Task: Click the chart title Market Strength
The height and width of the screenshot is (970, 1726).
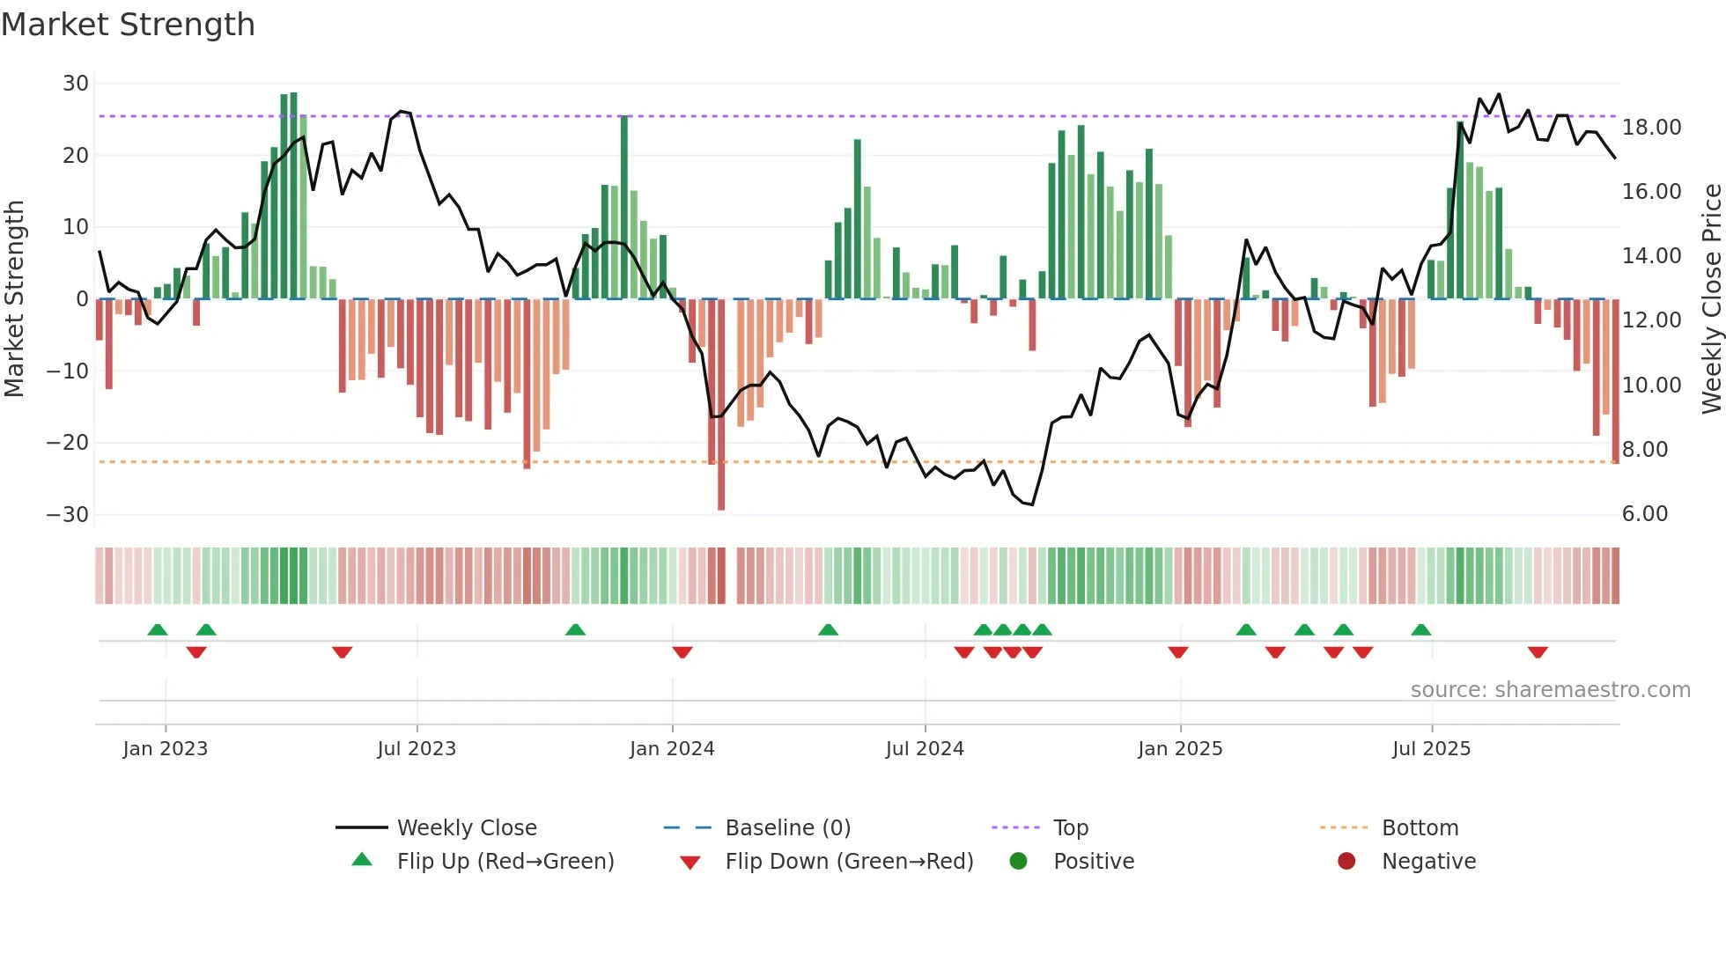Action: point(128,25)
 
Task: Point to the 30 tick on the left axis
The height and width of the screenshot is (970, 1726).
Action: point(76,84)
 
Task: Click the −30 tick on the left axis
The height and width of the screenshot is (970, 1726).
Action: point(68,514)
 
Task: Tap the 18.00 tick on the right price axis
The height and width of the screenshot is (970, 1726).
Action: point(1651,128)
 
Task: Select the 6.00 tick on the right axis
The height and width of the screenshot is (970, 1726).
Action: point(1644,514)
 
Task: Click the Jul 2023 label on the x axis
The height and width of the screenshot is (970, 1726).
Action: point(417,749)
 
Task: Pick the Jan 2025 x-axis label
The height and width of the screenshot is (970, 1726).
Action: point(1180,749)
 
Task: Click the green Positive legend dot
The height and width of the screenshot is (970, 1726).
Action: point(1019,862)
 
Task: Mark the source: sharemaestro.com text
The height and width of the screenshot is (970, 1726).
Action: point(1550,690)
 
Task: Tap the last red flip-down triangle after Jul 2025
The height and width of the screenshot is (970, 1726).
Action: point(1538,652)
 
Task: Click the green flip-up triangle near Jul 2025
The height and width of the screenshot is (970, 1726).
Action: point(1421,630)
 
